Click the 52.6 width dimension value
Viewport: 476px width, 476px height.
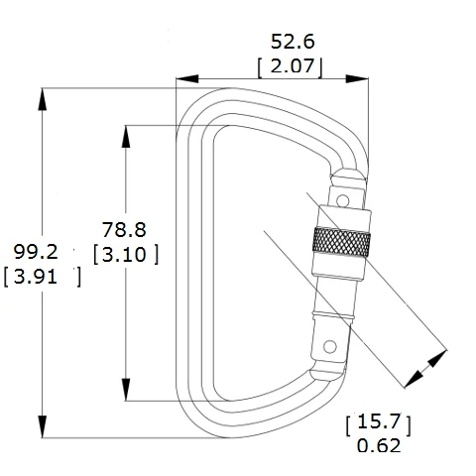click(x=296, y=42)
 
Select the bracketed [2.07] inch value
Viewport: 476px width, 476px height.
click(x=295, y=68)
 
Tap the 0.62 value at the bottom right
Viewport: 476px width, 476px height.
click(x=377, y=446)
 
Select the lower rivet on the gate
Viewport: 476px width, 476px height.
click(x=329, y=346)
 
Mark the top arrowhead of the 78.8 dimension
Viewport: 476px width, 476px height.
click(x=126, y=134)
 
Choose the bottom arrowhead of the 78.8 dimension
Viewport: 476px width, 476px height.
click(x=126, y=392)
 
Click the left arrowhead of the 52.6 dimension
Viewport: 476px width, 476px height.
click(x=184, y=77)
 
